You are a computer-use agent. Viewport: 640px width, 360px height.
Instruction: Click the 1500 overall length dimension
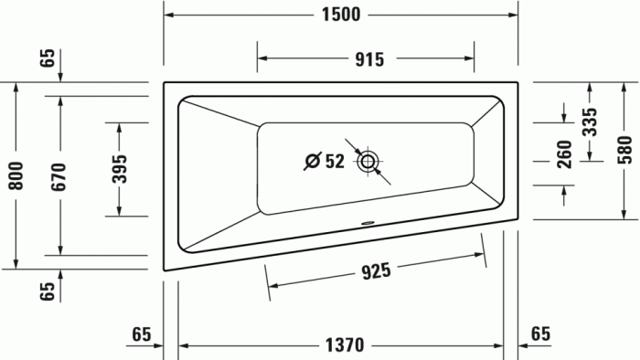click(x=340, y=15)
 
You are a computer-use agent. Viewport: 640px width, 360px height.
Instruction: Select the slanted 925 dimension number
click(x=375, y=270)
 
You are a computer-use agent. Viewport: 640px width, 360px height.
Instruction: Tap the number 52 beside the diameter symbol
click(x=335, y=162)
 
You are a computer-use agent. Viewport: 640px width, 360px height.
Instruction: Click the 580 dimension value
click(x=624, y=151)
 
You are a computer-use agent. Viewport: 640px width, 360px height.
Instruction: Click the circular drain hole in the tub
click(x=369, y=162)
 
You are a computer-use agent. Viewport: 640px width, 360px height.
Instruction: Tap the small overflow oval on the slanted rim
click(x=369, y=220)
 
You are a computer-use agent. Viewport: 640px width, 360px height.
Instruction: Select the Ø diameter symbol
click(x=312, y=162)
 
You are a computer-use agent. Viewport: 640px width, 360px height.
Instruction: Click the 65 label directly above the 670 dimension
click(x=48, y=60)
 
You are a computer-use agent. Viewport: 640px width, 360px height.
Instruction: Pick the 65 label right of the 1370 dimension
click(x=540, y=334)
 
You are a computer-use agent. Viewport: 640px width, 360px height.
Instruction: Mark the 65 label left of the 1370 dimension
click(x=140, y=334)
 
